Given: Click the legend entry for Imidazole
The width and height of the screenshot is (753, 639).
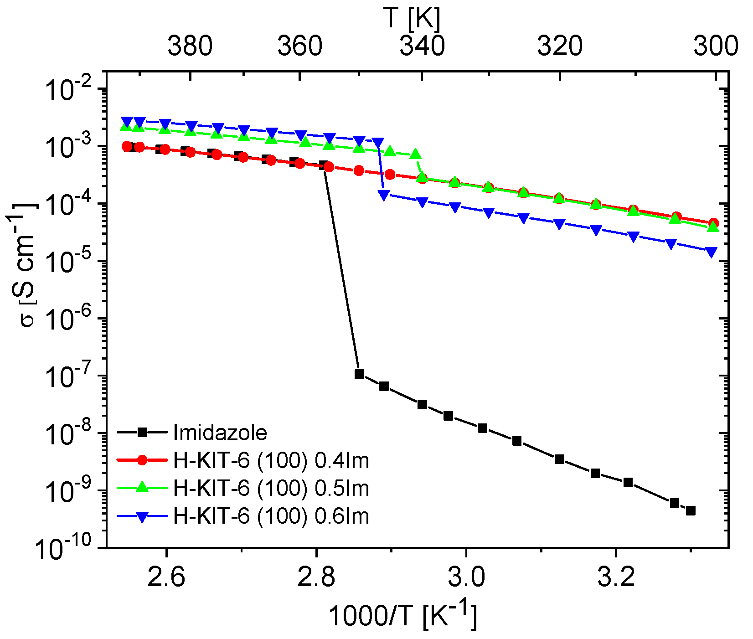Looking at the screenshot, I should coord(220,433).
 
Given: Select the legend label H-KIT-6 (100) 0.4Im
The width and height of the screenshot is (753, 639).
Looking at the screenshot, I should coord(271,461).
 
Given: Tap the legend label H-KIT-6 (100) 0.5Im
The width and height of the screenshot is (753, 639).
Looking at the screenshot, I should coord(271,489).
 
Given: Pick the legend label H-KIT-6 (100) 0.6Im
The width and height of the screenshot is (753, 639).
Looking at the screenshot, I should coord(271,516).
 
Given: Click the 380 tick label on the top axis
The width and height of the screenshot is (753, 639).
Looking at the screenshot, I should coord(190,46).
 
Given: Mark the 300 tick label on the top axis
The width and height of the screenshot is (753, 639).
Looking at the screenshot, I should coord(715,46).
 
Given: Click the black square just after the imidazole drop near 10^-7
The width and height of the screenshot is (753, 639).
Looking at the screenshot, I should coord(359,374).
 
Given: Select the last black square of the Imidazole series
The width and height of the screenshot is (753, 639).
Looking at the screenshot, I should coord(691,511).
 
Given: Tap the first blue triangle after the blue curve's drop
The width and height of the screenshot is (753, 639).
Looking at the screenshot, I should coord(384,195).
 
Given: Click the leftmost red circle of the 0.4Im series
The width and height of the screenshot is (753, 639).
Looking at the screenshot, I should coord(127,146).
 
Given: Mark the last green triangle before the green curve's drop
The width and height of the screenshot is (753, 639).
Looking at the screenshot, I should coord(415,155).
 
